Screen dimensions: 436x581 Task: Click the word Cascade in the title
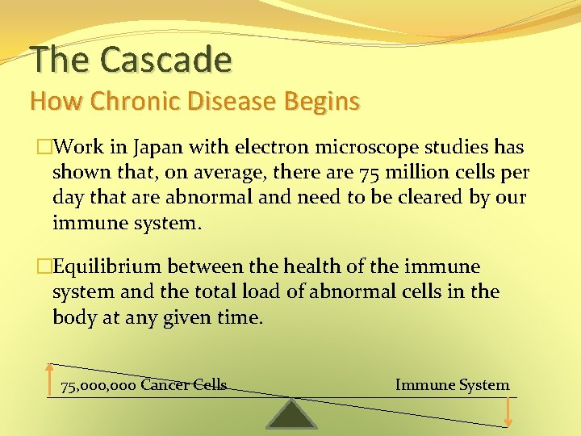pos(166,59)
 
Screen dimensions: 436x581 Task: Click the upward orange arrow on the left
pos(50,379)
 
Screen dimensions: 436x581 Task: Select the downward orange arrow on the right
pos(508,411)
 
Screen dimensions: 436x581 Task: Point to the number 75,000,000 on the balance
pos(98,385)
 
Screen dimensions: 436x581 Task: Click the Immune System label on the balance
pos(452,385)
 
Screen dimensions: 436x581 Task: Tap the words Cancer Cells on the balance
pos(183,385)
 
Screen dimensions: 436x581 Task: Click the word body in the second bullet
pos(73,317)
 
